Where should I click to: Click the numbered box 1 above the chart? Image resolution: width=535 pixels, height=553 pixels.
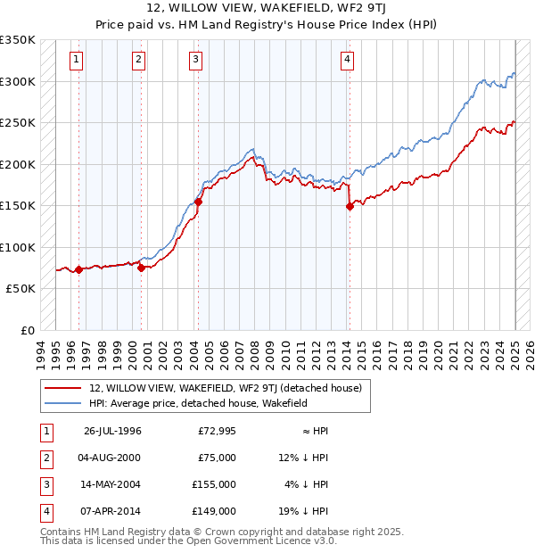coord(77,60)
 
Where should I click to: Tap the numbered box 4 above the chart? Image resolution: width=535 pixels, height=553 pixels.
coord(347,60)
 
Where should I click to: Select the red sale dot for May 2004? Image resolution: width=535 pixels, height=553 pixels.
coord(198,202)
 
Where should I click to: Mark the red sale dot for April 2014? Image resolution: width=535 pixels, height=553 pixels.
coord(350,207)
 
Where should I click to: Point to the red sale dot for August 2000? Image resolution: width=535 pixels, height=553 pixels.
coord(141,268)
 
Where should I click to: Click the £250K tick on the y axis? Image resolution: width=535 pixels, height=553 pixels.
coord(19,122)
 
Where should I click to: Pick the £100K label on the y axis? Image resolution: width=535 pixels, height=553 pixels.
coord(19,247)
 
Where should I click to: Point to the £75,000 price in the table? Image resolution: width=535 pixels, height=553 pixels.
coord(217,458)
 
